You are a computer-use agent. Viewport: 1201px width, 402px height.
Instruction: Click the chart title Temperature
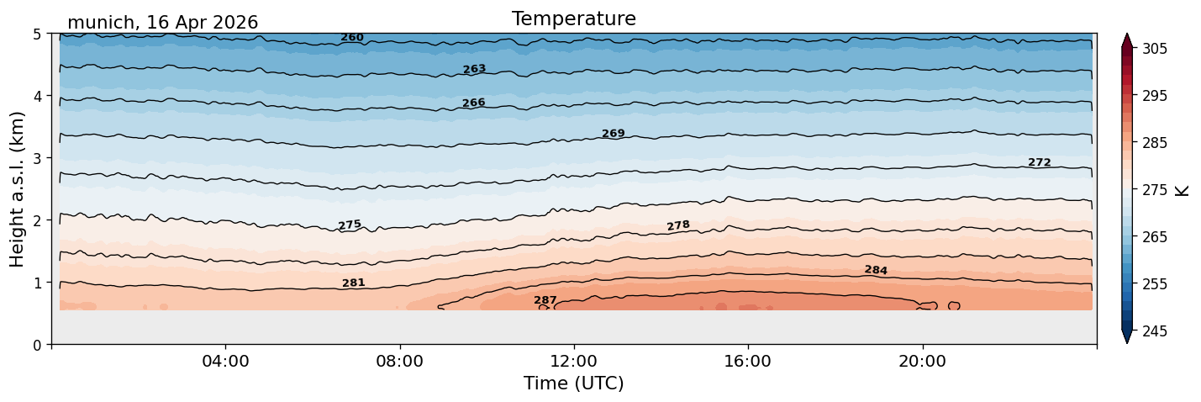pos(574,19)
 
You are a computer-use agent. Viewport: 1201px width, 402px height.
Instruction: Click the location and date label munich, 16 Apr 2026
pos(163,23)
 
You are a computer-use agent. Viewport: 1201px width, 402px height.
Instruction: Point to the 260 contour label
pos(352,38)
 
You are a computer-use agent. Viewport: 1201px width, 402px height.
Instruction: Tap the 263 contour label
pos(475,69)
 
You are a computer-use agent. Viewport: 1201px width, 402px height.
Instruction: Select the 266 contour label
pos(474,103)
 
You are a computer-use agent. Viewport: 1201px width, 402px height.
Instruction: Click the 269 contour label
pos(614,134)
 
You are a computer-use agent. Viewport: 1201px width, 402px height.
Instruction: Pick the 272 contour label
pos(1040,162)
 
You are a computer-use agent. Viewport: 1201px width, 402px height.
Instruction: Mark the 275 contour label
pos(350,225)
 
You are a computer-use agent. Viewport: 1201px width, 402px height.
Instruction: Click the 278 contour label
pos(678,225)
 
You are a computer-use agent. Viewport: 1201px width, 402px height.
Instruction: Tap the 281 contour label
pos(354,283)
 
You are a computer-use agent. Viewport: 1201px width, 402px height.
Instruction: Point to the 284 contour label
pos(876,270)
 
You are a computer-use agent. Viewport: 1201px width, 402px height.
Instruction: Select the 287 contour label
pos(545,300)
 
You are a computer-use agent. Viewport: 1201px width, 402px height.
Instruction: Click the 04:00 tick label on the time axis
pos(226,361)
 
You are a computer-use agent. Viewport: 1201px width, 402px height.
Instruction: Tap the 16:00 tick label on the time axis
pos(748,361)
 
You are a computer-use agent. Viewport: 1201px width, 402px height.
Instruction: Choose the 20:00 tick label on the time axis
pos(922,361)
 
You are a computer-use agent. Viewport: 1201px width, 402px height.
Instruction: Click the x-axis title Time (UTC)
pos(574,383)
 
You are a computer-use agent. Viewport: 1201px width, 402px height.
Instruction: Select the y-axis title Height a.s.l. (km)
pos(17,189)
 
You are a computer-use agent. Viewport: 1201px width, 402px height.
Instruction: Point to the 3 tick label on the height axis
pos(37,158)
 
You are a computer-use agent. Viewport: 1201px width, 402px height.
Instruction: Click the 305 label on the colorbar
pos(1154,49)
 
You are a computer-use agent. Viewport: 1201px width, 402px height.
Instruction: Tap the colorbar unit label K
pos(1181,191)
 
